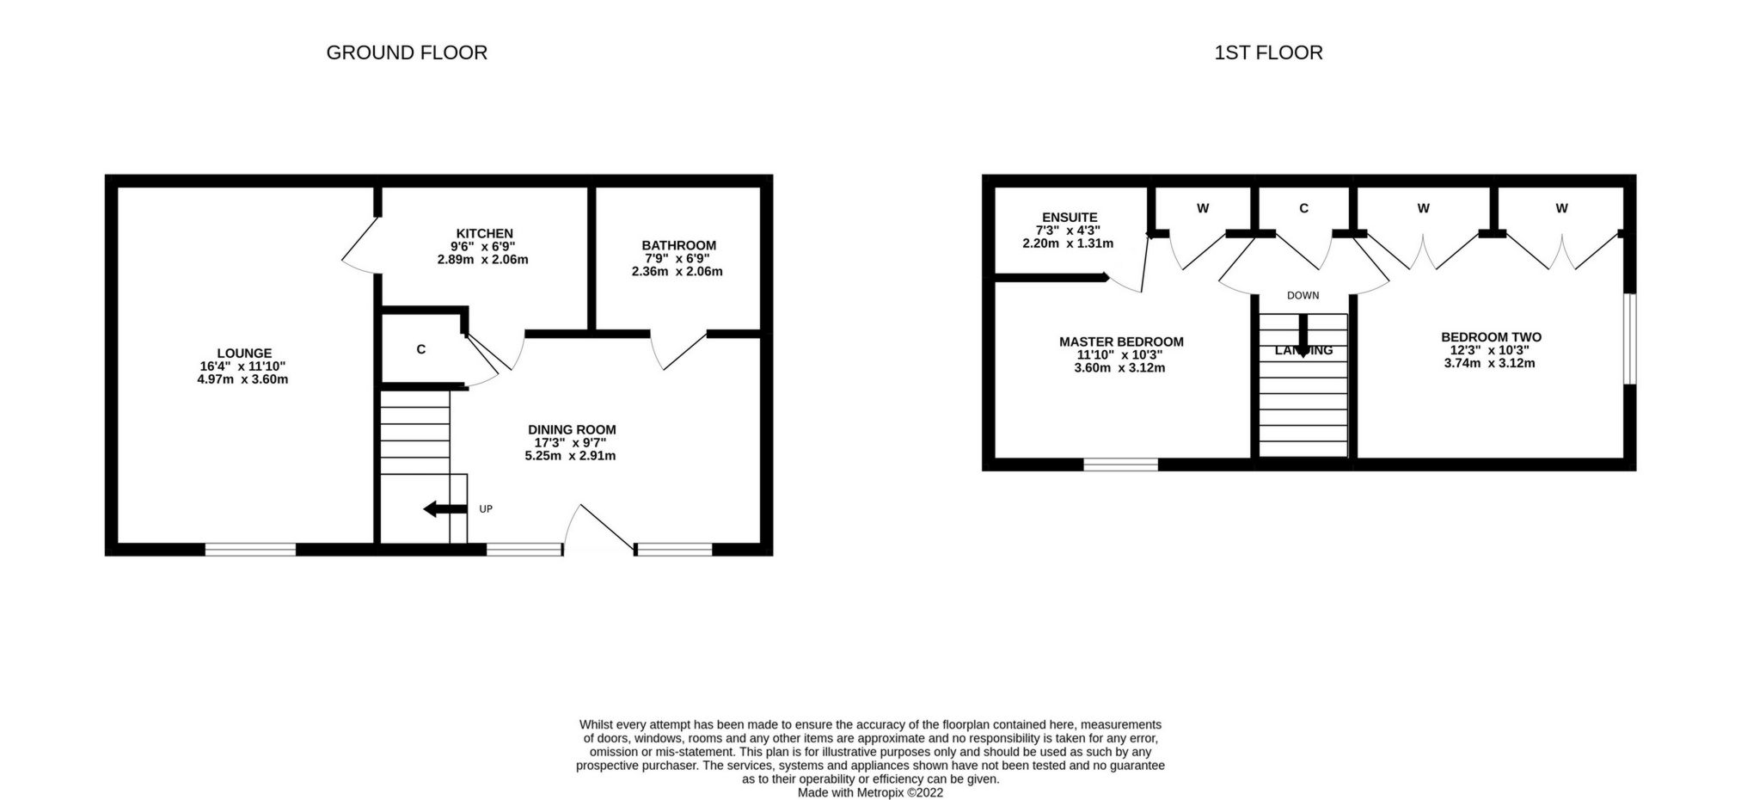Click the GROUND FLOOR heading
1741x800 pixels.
pyautogui.click(x=407, y=53)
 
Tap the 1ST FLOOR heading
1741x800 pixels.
pyautogui.click(x=1268, y=53)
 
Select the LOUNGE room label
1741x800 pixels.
pyautogui.click(x=244, y=354)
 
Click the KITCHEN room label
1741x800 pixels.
pyautogui.click(x=484, y=234)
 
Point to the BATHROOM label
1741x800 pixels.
pyautogui.click(x=678, y=246)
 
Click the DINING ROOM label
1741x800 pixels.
pyautogui.click(x=572, y=430)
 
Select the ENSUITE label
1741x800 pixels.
pyautogui.click(x=1069, y=218)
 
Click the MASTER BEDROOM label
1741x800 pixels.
pyautogui.click(x=1121, y=342)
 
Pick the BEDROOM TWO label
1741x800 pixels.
pyautogui.click(x=1491, y=338)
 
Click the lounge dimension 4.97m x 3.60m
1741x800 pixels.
pyautogui.click(x=242, y=379)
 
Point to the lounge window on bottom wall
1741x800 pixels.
pyautogui.click(x=250, y=549)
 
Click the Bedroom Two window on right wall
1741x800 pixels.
pyautogui.click(x=1629, y=339)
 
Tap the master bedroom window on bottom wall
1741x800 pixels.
pyautogui.click(x=1120, y=465)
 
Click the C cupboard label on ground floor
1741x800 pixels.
pyautogui.click(x=420, y=350)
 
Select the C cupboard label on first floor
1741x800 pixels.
pyautogui.click(x=1303, y=209)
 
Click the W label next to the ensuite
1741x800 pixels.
pyautogui.click(x=1203, y=209)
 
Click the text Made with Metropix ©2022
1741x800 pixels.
pyautogui.click(x=870, y=792)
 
